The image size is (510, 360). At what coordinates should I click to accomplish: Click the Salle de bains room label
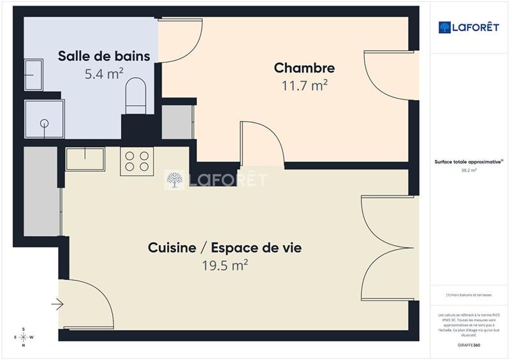104,56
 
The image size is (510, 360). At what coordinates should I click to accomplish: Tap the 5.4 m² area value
104,74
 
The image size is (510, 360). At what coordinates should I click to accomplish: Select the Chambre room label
304,68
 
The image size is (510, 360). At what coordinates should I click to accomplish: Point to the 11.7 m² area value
304,85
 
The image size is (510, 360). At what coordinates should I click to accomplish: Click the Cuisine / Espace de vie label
224,247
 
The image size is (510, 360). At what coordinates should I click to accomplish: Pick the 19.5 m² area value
224,265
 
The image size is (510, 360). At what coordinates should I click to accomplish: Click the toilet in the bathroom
136,96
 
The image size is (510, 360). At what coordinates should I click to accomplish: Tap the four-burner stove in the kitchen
137,161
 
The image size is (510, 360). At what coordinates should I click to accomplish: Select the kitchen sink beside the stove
85,159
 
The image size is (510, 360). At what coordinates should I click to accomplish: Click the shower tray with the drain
44,120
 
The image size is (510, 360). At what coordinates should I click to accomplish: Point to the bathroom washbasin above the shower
33,75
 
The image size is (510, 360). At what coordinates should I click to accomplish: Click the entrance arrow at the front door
57,305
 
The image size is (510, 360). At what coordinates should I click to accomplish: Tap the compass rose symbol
24,337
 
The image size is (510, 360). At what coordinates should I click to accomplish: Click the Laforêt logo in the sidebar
469,27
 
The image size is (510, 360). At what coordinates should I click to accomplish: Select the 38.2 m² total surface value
469,170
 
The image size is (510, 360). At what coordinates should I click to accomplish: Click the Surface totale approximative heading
469,162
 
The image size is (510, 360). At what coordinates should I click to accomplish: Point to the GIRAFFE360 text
469,345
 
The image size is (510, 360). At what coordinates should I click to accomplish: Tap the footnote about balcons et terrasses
469,294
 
